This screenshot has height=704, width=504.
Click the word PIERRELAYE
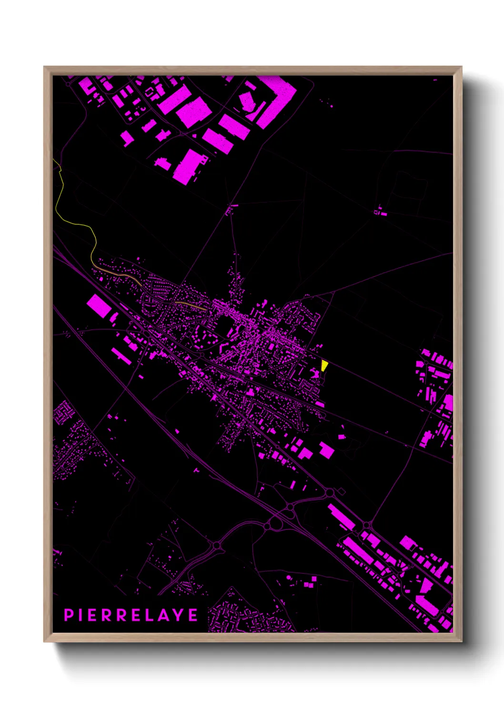pos(131,615)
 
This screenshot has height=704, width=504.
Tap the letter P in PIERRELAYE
pos(68,615)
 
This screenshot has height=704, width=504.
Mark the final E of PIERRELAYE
pos(193,615)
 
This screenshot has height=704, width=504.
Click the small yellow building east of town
pos(324,365)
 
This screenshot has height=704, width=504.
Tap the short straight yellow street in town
pos(190,305)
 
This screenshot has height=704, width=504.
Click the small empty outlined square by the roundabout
pos(341,491)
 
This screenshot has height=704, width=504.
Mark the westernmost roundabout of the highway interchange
pos(217,545)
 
